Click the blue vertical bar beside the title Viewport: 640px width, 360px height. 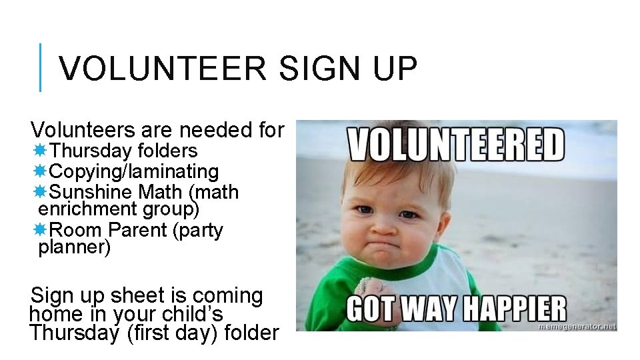point(41,67)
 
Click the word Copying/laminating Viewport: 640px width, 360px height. point(134,172)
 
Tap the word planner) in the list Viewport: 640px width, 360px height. point(75,248)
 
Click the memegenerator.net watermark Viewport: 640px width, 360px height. point(577,327)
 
